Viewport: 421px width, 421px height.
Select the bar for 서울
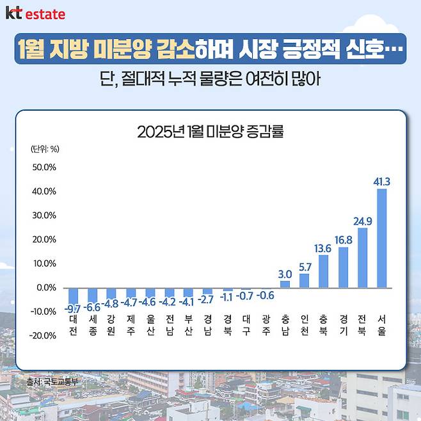coord(382,238)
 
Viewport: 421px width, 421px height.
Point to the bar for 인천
coord(305,281)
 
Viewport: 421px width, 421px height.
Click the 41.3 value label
coord(382,182)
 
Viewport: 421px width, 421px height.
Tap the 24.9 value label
coord(363,221)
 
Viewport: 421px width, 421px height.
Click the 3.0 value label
coord(285,274)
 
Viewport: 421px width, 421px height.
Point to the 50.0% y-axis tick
coord(44,168)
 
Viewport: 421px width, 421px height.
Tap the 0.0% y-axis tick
coord(45,287)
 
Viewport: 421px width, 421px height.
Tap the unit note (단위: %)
coord(45,149)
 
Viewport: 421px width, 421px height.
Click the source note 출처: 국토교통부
coord(52,382)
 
